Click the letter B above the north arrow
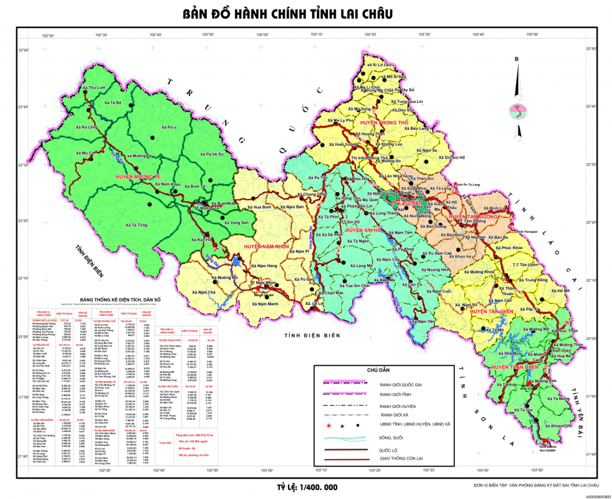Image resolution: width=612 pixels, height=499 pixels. click(x=516, y=60)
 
